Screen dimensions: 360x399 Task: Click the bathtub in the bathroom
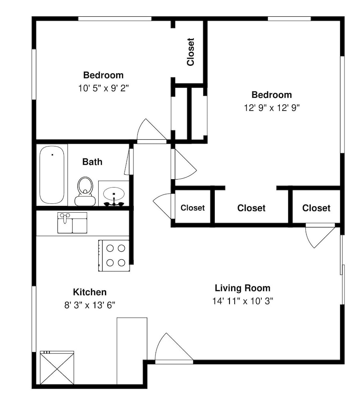pyautogui.click(x=52, y=175)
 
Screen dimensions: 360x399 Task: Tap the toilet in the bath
pyautogui.click(x=85, y=191)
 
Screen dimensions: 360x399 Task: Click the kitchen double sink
pyautogui.click(x=72, y=223)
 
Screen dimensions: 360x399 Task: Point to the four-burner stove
pyautogui.click(x=114, y=255)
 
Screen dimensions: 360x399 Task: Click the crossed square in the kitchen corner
pyautogui.click(x=57, y=368)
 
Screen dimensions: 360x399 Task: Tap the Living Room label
pyautogui.click(x=243, y=288)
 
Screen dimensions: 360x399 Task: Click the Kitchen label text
pyautogui.click(x=90, y=292)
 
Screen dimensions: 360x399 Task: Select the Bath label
pyautogui.click(x=92, y=162)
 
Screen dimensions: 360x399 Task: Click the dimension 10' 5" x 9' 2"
pyautogui.click(x=103, y=88)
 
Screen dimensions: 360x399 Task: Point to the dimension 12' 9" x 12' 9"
pyautogui.click(x=272, y=108)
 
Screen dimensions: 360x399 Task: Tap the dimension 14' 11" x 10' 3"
pyautogui.click(x=243, y=301)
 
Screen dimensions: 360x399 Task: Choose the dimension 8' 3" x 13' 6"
pyautogui.click(x=90, y=305)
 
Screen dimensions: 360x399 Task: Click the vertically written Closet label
pyautogui.click(x=190, y=52)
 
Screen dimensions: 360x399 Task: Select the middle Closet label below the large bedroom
pyautogui.click(x=251, y=208)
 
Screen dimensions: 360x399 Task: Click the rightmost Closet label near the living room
pyautogui.click(x=316, y=208)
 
